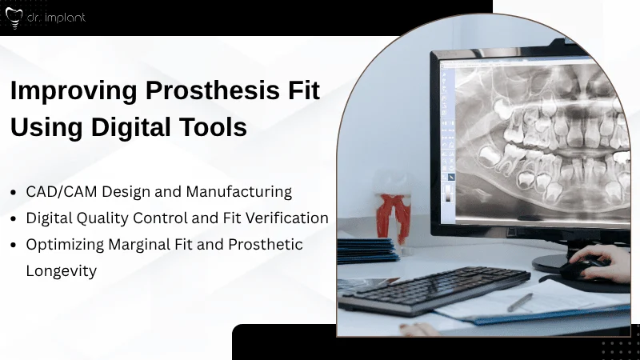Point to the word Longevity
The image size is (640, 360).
click(61, 270)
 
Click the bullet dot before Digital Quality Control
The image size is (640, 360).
click(15, 218)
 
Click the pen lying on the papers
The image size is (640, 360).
click(520, 302)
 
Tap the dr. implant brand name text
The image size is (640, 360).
click(57, 16)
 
